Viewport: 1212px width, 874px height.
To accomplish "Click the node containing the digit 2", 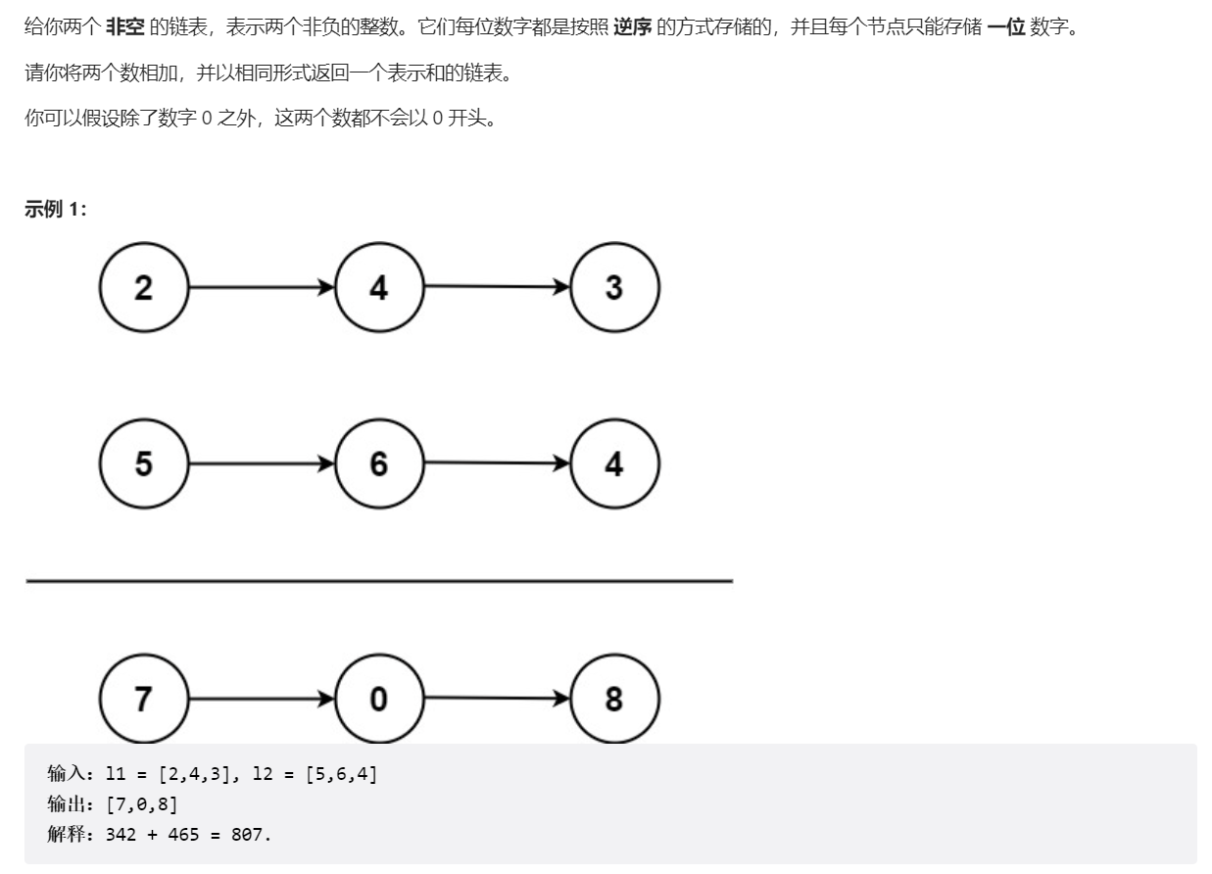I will [143, 288].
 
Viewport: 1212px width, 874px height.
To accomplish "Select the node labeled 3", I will [614, 288].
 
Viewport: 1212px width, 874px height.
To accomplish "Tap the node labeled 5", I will [143, 463].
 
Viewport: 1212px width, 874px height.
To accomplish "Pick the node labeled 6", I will [379, 463].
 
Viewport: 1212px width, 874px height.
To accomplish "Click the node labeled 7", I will [143, 699].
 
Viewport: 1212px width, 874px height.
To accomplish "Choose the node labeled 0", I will [379, 699].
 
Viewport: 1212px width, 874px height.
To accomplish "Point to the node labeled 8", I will [614, 699].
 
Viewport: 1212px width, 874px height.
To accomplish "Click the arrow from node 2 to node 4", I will [261, 288].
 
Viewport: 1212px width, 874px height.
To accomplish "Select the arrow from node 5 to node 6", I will [261, 463].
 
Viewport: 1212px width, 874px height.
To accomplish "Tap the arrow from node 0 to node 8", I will [497, 699].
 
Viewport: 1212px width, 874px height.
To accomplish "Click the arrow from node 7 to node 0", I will [261, 699].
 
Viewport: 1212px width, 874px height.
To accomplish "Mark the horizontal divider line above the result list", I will [379, 581].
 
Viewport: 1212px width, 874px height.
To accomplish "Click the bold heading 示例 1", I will [55, 209].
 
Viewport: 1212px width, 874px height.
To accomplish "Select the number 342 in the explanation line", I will [121, 835].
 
